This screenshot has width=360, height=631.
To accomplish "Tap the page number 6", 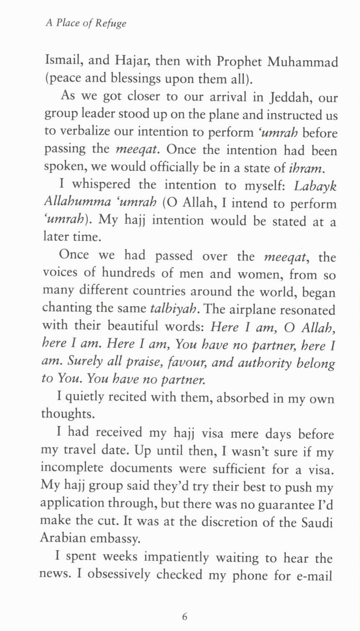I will pyautogui.click(x=185, y=616).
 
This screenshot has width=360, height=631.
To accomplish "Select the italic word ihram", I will pyautogui.click(x=306, y=168).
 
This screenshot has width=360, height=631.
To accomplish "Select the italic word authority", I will pyautogui.click(x=264, y=362).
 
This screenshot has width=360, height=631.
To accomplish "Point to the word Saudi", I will pyautogui.click(x=317, y=522).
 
